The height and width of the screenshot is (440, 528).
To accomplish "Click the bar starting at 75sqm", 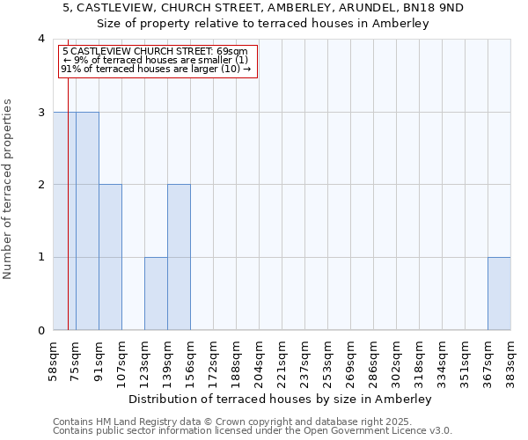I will pos(87,221).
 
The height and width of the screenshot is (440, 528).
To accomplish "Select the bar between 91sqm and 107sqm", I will pos(110,257).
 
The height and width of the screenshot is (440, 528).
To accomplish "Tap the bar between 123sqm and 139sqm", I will pos(156,293).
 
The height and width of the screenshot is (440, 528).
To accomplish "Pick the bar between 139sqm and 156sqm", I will pos(179,257).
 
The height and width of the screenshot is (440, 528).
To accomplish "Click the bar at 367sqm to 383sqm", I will pos(499,293).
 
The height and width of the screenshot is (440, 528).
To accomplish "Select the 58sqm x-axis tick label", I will pos(54,360).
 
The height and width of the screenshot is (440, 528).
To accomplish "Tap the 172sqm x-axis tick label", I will pos(214,362).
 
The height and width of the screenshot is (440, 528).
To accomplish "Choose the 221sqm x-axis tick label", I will pos(282,362).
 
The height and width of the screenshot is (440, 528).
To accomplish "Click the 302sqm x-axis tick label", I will pos(397,362).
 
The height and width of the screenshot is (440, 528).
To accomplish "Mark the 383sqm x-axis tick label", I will pos(511,362).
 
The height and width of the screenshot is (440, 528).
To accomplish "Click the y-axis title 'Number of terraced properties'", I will pos(9,189).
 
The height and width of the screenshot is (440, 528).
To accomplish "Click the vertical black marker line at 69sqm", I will pos(68,220).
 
